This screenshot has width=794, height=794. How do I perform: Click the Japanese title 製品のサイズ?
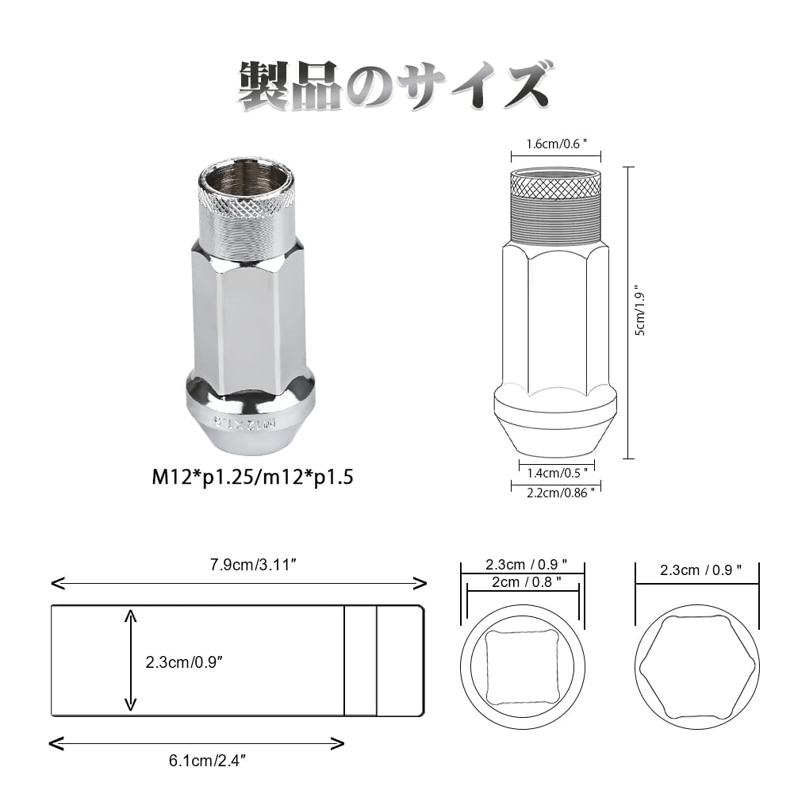[x=394, y=86]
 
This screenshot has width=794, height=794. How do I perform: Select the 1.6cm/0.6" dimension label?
[x=555, y=144]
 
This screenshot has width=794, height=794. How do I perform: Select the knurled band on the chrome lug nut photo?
[x=249, y=208]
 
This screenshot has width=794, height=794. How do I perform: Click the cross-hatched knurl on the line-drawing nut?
[x=555, y=187]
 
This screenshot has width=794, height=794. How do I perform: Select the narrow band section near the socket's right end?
[x=360, y=661]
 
